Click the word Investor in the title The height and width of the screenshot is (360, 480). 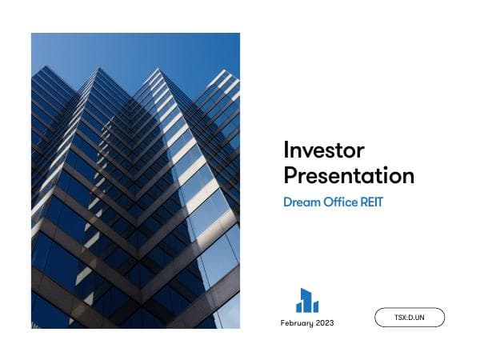(324, 150)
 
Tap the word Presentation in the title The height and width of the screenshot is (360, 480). (349, 175)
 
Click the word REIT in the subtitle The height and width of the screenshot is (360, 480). (371, 202)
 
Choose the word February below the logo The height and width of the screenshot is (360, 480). (298, 323)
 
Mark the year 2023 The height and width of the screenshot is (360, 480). (325, 323)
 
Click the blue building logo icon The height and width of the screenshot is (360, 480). (307, 301)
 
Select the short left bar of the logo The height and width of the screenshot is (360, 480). (299, 307)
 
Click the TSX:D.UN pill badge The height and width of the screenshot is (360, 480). (409, 318)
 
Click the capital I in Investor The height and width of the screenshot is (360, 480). (286, 150)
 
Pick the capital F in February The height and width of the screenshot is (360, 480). (283, 323)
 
